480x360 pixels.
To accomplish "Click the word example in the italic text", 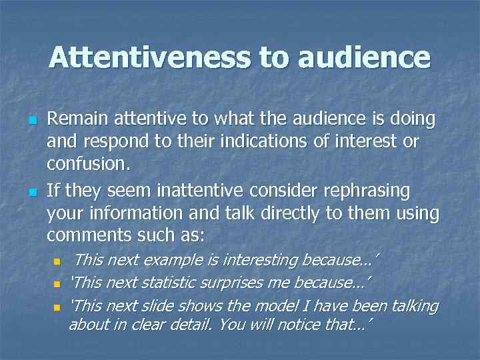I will click(178, 260).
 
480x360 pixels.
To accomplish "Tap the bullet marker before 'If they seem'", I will click(31, 193).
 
